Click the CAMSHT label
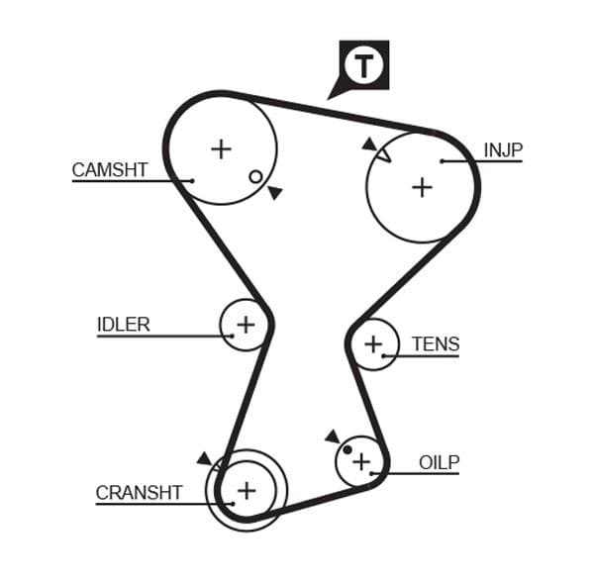click(109, 169)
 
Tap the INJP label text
click(502, 150)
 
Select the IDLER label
click(123, 325)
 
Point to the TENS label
click(436, 344)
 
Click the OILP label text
click(439, 462)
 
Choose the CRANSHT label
click(139, 492)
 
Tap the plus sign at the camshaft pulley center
click(221, 149)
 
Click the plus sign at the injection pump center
click(423, 186)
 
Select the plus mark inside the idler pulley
click(245, 324)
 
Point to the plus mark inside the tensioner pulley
click(373, 344)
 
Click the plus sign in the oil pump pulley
click(361, 461)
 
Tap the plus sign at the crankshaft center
click(246, 489)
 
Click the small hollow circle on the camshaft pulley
click(255, 176)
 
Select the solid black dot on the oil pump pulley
click(347, 450)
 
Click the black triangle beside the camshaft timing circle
click(274, 192)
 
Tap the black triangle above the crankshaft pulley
click(204, 458)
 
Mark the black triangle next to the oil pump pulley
click(332, 436)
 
